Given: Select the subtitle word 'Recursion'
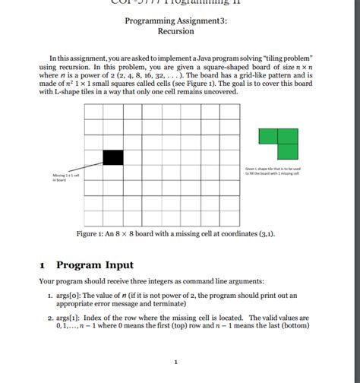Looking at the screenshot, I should point(175,32).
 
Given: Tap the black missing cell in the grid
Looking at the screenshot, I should point(112,157).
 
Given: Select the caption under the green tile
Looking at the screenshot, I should point(272,171).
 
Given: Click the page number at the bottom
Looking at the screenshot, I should point(175,361).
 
